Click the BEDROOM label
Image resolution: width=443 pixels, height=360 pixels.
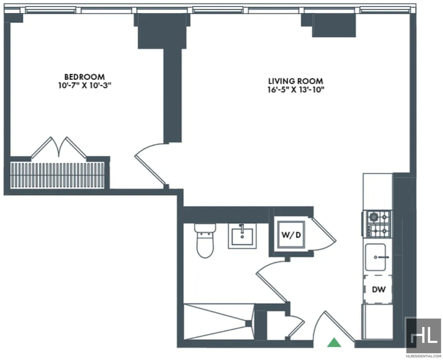coord(84,77)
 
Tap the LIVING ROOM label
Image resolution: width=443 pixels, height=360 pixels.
coord(295,81)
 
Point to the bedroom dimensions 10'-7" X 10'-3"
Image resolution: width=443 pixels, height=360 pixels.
coord(84,86)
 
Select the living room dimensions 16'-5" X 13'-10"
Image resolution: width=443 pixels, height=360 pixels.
coord(296,90)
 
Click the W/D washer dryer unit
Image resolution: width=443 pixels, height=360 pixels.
coord(291,235)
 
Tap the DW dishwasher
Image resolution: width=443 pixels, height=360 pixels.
coord(378,289)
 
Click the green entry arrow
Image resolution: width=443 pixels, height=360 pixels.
coord(334,342)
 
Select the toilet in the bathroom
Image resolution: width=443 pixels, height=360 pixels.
coord(205,241)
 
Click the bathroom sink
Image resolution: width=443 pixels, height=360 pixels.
coord(242,236)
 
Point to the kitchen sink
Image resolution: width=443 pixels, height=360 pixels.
coord(376,257)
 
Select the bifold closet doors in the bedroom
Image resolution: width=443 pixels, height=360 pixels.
coord(58,148)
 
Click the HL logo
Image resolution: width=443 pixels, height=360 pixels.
coord(423,335)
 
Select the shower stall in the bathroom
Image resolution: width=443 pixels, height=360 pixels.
coord(218,321)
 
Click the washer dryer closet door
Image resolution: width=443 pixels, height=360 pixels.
coord(324,234)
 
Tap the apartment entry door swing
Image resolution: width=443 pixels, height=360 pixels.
coord(334,325)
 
